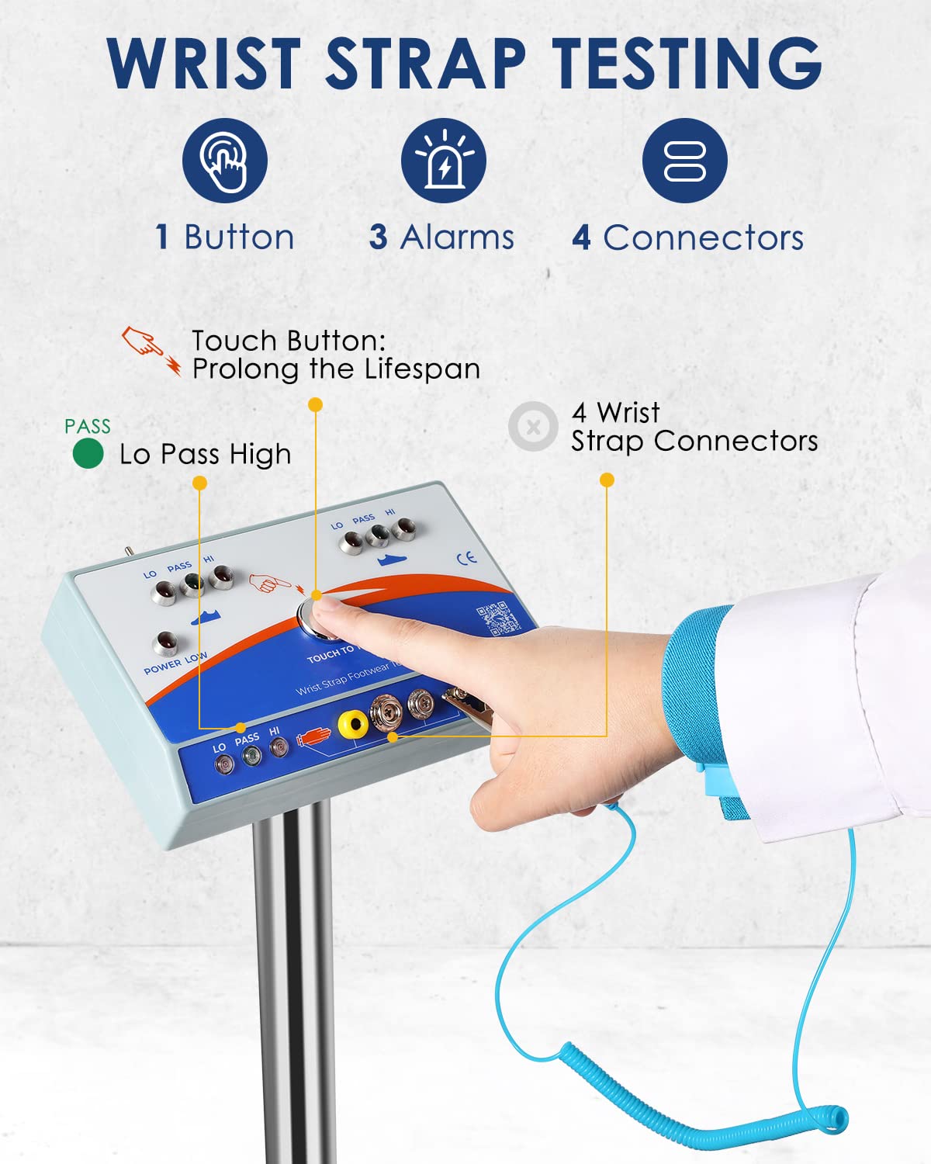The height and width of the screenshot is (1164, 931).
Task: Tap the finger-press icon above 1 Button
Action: (225, 161)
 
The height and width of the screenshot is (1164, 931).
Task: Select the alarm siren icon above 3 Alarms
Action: (443, 161)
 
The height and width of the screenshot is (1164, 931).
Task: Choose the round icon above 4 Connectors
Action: (684, 161)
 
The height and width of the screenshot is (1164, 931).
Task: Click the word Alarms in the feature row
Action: (457, 237)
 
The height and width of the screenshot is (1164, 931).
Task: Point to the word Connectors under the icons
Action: (703, 237)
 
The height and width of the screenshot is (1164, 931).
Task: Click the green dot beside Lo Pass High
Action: (88, 454)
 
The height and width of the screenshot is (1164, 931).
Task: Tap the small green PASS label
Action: (87, 426)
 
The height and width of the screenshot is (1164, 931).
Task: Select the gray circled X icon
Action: (533, 426)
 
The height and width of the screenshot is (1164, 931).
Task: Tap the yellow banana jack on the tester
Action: (353, 725)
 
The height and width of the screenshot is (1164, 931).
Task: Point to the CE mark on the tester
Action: (466, 558)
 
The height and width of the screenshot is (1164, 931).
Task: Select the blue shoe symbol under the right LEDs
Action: (393, 559)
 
